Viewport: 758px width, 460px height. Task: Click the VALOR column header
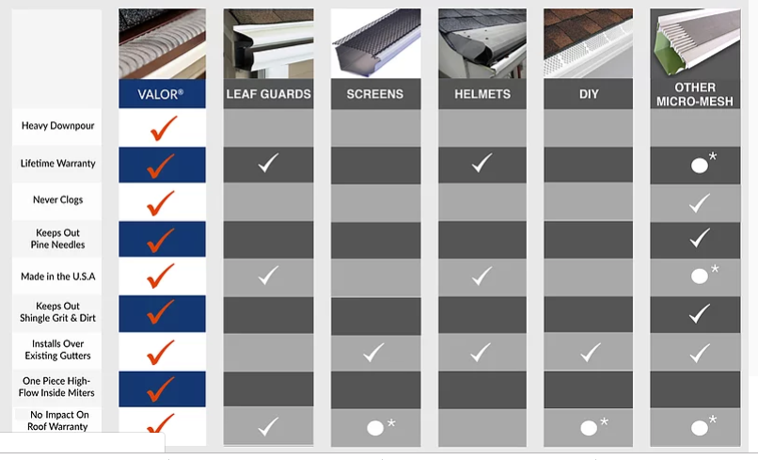[x=162, y=94]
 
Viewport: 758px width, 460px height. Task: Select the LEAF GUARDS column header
[x=268, y=94]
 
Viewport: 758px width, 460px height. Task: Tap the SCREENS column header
[x=374, y=94]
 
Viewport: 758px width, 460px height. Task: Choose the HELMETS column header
[x=482, y=94]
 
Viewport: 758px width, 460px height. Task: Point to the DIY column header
[x=589, y=94]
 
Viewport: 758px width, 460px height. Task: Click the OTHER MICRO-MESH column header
[x=696, y=94]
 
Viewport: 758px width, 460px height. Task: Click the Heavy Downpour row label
[x=58, y=126]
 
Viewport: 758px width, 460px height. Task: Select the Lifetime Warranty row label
[x=58, y=164]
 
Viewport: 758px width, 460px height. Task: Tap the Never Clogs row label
[x=58, y=201]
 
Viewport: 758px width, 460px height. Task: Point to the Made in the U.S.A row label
[x=58, y=277]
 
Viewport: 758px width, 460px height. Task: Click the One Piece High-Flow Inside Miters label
[x=58, y=387]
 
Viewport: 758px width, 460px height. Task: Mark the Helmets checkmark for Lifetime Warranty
[x=482, y=164]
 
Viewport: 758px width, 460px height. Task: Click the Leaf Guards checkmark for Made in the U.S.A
[x=268, y=276]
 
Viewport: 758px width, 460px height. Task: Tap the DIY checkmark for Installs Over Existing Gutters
[x=590, y=353]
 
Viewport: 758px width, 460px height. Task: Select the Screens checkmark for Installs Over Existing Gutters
[x=374, y=353]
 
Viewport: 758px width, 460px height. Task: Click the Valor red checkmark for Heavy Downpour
[x=162, y=127]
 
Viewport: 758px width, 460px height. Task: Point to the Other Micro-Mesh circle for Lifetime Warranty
[x=699, y=165]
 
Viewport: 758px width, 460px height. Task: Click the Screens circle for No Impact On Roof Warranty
[x=375, y=428]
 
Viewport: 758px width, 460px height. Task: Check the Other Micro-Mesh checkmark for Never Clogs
[x=698, y=202]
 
